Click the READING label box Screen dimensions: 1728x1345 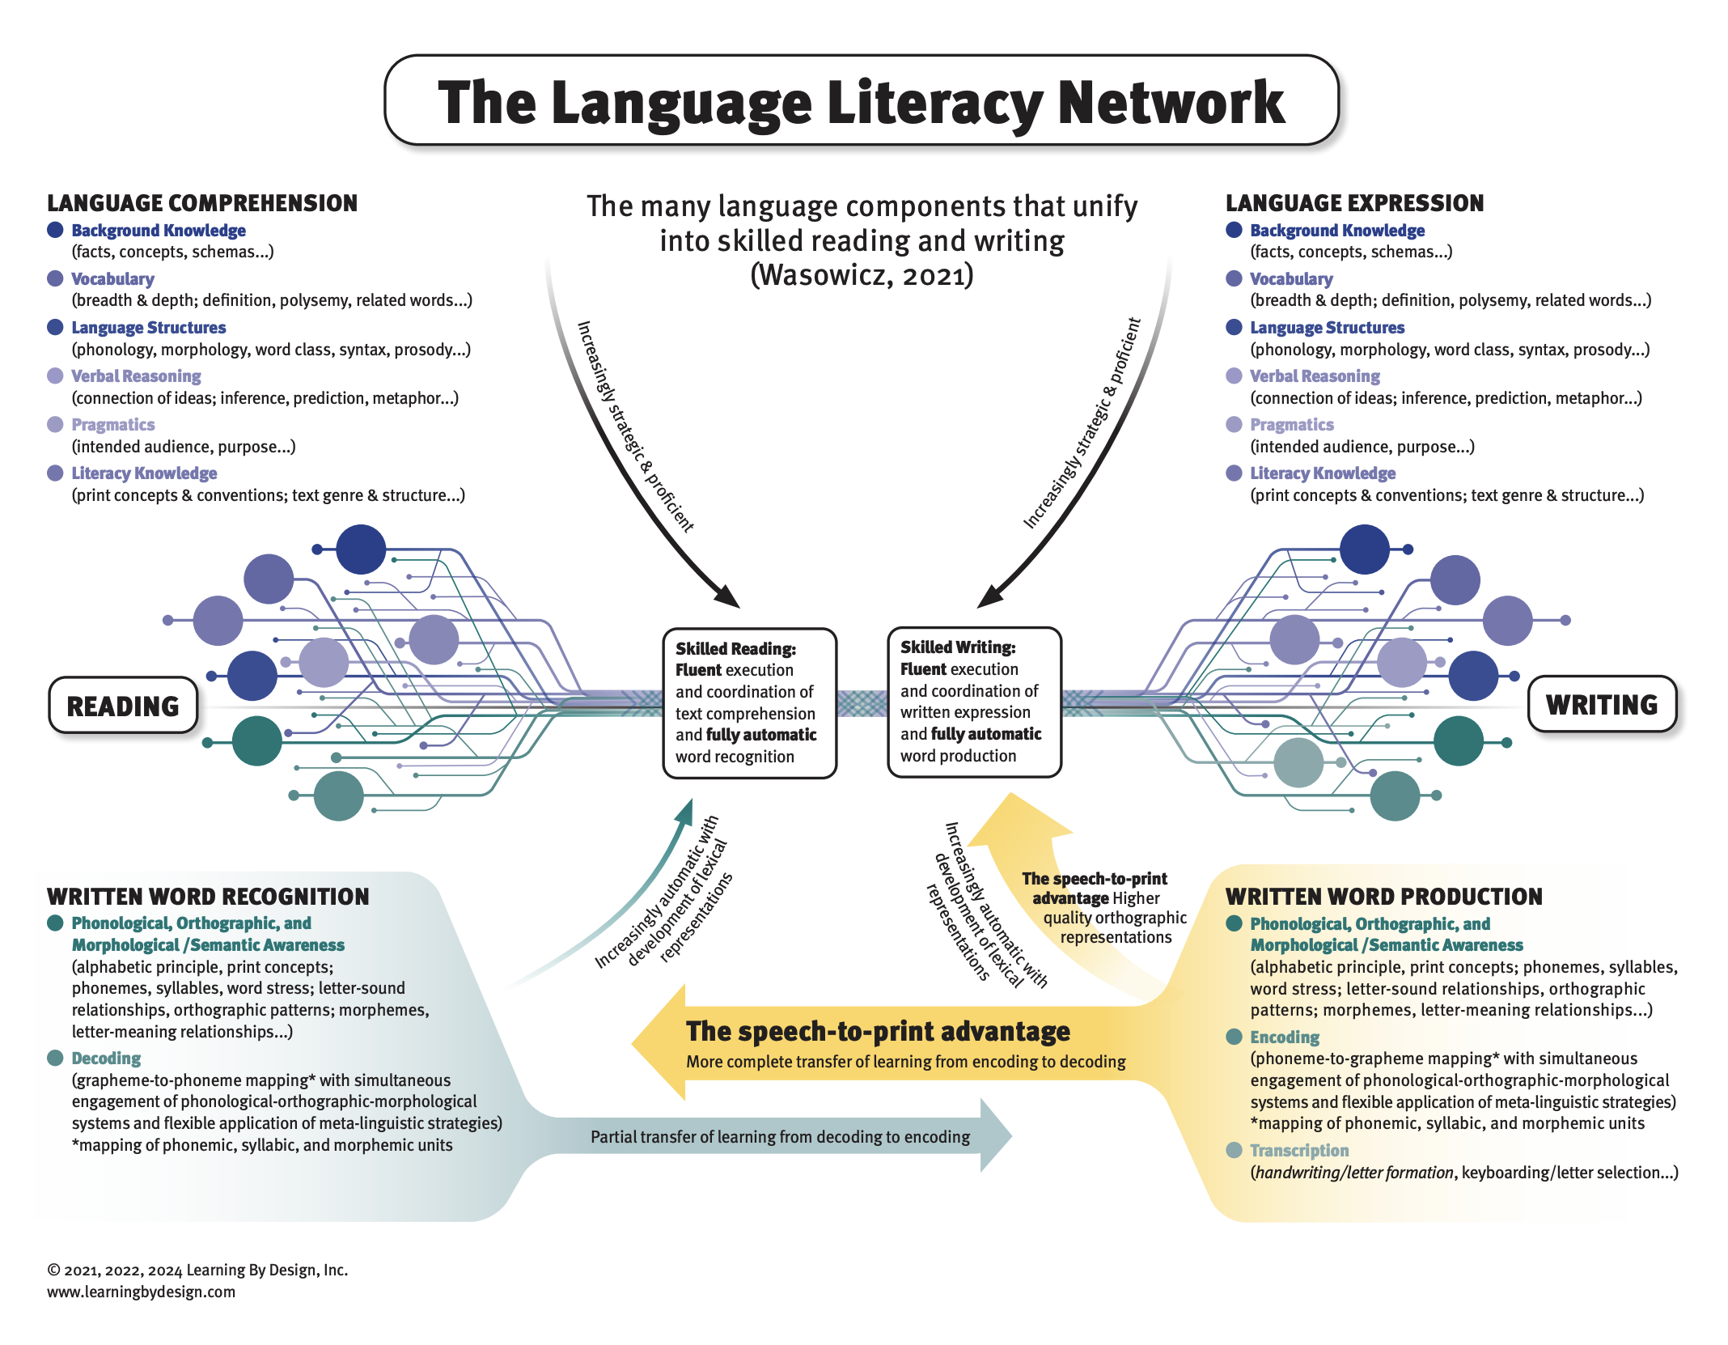pyautogui.click(x=123, y=706)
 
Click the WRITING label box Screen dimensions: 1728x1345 pyautogui.click(x=1601, y=704)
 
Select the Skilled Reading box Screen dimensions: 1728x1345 pyautogui.click(x=749, y=702)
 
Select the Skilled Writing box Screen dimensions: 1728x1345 pyautogui.click(x=974, y=702)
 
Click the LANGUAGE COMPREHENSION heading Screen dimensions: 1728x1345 pyautogui.click(x=202, y=203)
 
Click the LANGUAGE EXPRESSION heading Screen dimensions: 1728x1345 pyautogui.click(x=1354, y=203)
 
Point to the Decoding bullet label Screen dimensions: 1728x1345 pyautogui.click(x=106, y=1058)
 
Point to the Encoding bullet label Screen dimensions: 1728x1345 pyautogui.click(x=1284, y=1037)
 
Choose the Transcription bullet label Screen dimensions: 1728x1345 pyautogui.click(x=1299, y=1150)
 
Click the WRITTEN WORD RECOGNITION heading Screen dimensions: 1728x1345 pyautogui.click(x=208, y=896)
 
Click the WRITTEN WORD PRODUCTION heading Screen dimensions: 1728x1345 pyautogui.click(x=1383, y=896)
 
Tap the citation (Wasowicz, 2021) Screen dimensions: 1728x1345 pyautogui.click(x=862, y=275)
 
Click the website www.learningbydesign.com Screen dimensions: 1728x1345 pyautogui.click(x=142, y=1292)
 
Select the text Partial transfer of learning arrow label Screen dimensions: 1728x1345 pyautogui.click(x=780, y=1136)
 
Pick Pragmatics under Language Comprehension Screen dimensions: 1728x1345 pyautogui.click(x=113, y=425)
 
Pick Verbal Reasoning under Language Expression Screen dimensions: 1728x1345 pyautogui.click(x=1315, y=376)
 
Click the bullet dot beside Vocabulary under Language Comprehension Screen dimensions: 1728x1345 pyautogui.click(x=55, y=278)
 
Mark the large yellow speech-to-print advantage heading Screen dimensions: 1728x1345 pyautogui.click(x=878, y=1031)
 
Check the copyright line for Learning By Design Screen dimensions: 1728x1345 pyautogui.click(x=197, y=1270)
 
